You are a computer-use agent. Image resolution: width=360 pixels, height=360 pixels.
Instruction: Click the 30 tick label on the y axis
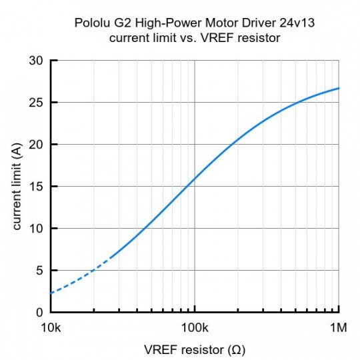coord(37,61)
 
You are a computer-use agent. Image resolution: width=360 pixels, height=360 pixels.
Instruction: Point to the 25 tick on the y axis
coord(37,103)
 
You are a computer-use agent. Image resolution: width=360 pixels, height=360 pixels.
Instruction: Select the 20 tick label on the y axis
coord(37,145)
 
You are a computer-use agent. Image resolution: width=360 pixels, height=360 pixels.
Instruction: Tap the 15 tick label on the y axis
coord(37,187)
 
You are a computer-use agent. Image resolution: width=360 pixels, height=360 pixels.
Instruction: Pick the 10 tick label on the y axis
coord(37,229)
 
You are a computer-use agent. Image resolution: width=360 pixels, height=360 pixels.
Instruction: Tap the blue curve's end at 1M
coord(339,88)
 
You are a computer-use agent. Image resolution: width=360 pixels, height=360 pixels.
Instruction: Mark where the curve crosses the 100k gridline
coord(195,179)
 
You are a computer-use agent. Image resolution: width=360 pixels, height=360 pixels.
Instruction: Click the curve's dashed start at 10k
coord(51,293)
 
